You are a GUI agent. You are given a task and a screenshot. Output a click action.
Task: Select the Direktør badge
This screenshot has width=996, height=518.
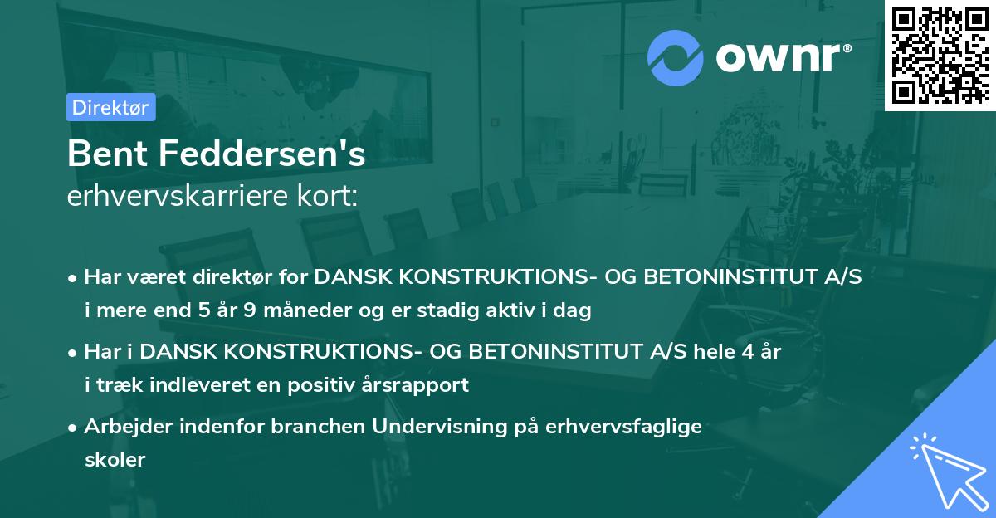coord(110,107)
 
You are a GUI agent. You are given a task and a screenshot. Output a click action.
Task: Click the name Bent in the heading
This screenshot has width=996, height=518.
coord(101,154)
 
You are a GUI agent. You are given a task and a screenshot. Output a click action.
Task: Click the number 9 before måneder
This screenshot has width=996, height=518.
coord(254,311)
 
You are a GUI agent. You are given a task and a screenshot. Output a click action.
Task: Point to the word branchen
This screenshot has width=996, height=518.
coord(323,426)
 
